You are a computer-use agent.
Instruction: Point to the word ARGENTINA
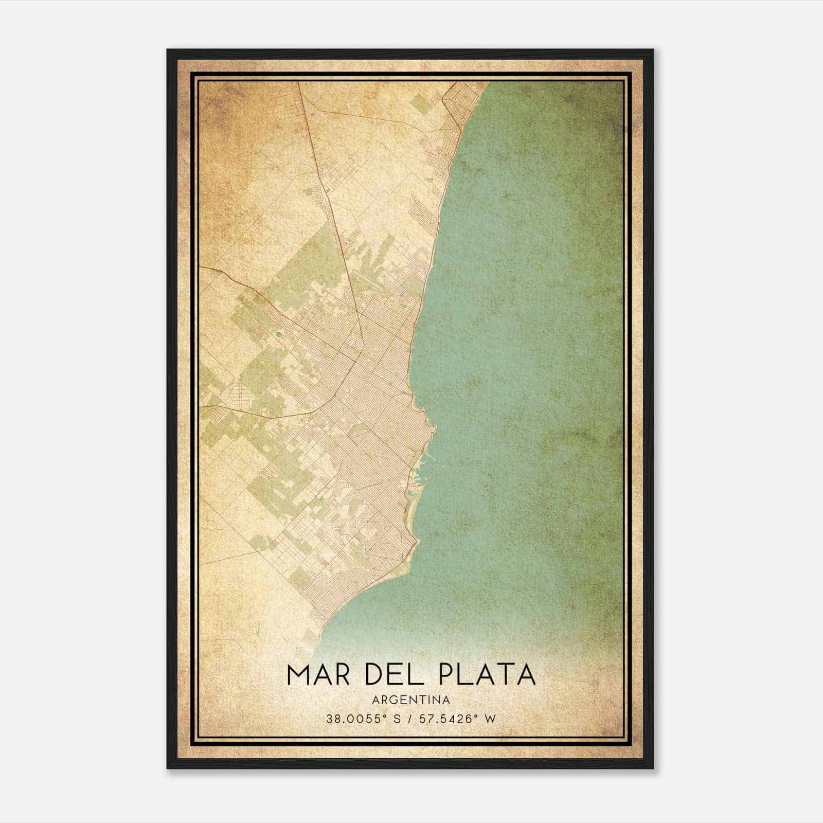(x=411, y=700)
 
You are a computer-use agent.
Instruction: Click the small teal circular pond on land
(x=278, y=334)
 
